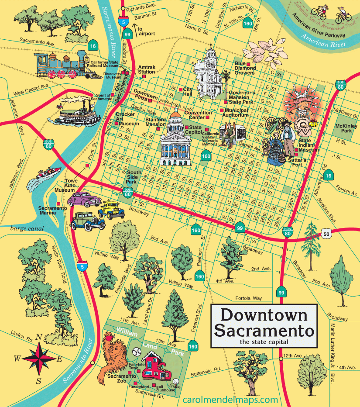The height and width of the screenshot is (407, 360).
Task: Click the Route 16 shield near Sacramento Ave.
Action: point(93,45)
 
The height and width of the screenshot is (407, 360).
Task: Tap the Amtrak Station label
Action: point(146,69)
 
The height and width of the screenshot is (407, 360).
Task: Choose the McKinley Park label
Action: point(343,128)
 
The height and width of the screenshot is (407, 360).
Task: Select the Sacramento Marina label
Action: point(53,210)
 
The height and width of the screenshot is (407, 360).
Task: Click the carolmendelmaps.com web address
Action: point(230,400)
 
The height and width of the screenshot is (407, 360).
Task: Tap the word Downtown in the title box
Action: point(263,314)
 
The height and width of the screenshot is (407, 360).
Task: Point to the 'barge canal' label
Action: point(25,228)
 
